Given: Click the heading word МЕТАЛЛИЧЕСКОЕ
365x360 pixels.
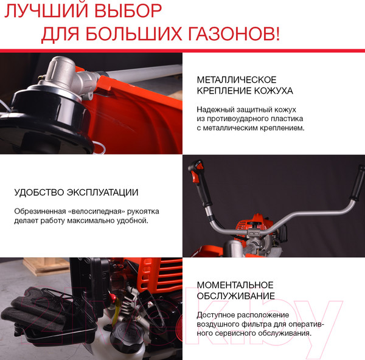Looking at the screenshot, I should point(237,80).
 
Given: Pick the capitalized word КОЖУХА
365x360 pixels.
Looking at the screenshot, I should point(272,91).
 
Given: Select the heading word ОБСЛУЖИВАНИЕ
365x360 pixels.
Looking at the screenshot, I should point(235,296).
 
